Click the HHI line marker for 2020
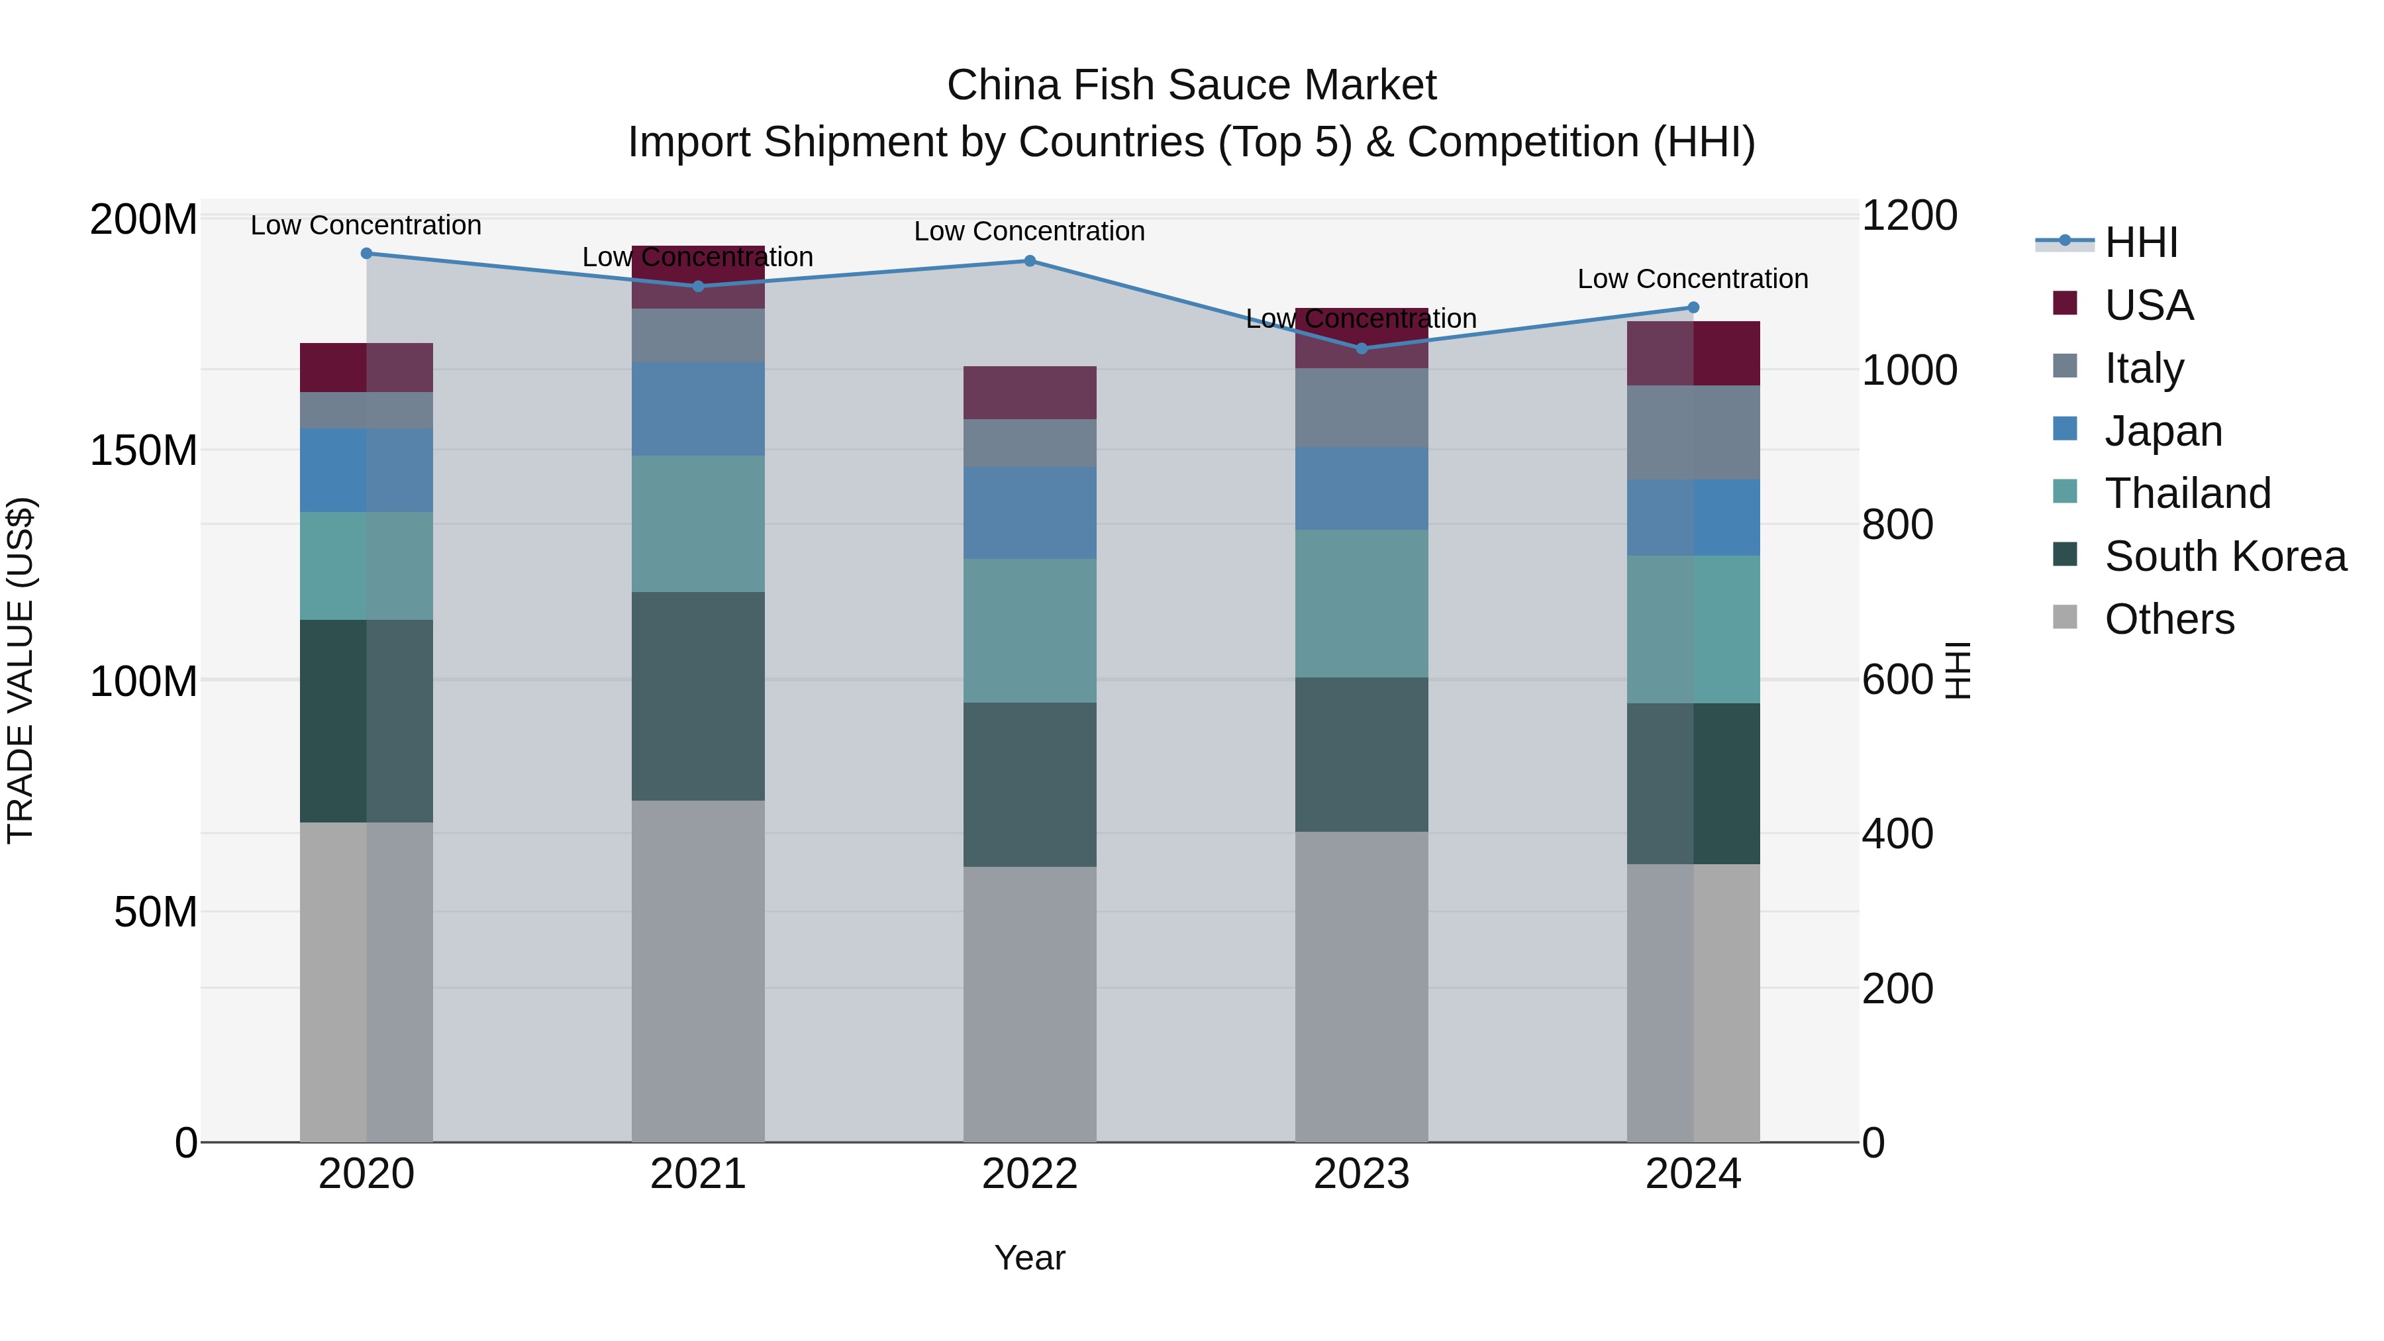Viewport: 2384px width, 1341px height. coord(366,254)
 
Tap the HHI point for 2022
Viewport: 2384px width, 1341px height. coord(1030,261)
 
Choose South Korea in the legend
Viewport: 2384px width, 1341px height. coord(2225,556)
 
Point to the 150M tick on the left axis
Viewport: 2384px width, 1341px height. coord(144,451)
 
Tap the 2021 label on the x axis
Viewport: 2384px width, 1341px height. coord(698,1174)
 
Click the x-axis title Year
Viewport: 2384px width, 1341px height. coord(1029,1258)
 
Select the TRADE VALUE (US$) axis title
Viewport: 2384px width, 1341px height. coord(21,670)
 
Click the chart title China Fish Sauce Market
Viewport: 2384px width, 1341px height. coord(1191,86)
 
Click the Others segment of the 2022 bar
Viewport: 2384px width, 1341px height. coord(1030,1004)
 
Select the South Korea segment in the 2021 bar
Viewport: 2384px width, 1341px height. coord(698,696)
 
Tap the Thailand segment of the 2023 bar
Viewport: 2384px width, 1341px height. coord(1362,603)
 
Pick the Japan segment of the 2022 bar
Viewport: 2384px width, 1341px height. coord(1030,513)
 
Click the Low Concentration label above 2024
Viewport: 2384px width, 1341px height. coord(1693,279)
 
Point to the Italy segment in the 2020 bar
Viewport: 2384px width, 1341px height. coord(366,410)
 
